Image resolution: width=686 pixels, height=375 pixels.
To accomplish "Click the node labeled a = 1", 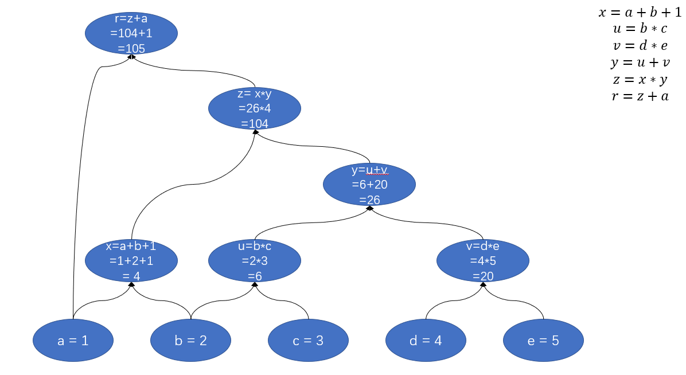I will click(73, 341).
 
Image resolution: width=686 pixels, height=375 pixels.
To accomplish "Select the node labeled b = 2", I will click(190, 341).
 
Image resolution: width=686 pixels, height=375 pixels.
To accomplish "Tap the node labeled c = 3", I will click(308, 341).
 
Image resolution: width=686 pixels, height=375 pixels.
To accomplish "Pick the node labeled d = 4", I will click(426, 341).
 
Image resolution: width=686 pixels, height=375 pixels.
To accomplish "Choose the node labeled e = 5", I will click(543, 341).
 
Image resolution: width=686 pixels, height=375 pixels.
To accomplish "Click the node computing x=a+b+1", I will click(131, 261).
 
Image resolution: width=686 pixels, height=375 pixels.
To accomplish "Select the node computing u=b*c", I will click(255, 261).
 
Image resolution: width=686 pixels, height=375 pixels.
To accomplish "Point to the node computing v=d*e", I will click(483, 261).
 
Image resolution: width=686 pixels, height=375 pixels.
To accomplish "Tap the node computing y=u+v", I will click(369, 185).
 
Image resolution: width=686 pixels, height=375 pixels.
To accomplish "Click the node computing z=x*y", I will click(255, 108).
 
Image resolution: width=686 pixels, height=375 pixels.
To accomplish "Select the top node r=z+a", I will click(131, 33).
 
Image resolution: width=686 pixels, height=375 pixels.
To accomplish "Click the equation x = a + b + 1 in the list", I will click(640, 13).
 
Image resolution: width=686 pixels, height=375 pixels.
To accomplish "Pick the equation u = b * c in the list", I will click(640, 29).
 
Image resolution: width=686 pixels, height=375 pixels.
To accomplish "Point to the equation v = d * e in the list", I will click(640, 46).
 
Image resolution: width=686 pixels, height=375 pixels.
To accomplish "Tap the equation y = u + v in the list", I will click(640, 62).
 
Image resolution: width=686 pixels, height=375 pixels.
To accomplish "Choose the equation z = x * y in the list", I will click(640, 79).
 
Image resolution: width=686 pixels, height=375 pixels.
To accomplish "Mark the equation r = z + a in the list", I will click(640, 96).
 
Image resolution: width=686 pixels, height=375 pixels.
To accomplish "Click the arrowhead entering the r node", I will click(131, 57).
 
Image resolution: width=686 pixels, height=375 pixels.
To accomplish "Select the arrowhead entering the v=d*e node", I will click(483, 284).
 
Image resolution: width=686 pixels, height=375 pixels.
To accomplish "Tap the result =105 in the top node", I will click(131, 49).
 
